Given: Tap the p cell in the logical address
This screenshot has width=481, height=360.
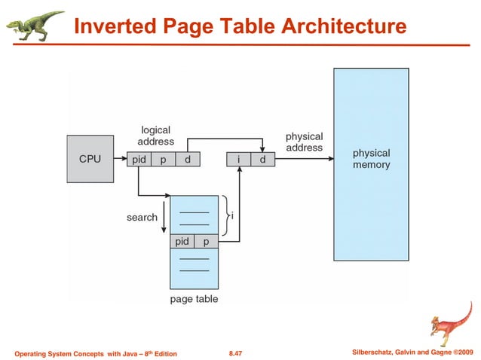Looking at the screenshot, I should point(163,160).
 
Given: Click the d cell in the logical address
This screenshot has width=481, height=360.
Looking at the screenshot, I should point(186,160).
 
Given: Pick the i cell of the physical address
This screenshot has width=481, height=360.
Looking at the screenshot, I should point(239,160).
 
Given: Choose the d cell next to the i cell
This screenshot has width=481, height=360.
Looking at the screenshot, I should point(262,160).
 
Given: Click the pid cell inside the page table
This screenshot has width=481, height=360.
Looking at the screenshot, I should point(182,242).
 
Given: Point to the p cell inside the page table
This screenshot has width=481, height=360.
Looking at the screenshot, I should point(206,242).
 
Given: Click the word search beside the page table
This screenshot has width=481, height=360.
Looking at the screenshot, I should point(142,218).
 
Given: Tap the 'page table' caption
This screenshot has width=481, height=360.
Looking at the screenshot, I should point(194,299).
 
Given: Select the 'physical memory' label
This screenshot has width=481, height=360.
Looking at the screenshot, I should point(371,159).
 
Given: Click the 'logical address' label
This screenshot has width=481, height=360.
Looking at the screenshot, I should point(155,136).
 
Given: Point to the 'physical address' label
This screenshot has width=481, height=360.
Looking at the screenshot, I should point(304,142).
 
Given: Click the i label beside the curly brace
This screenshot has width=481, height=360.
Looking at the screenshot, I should point(232,215).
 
